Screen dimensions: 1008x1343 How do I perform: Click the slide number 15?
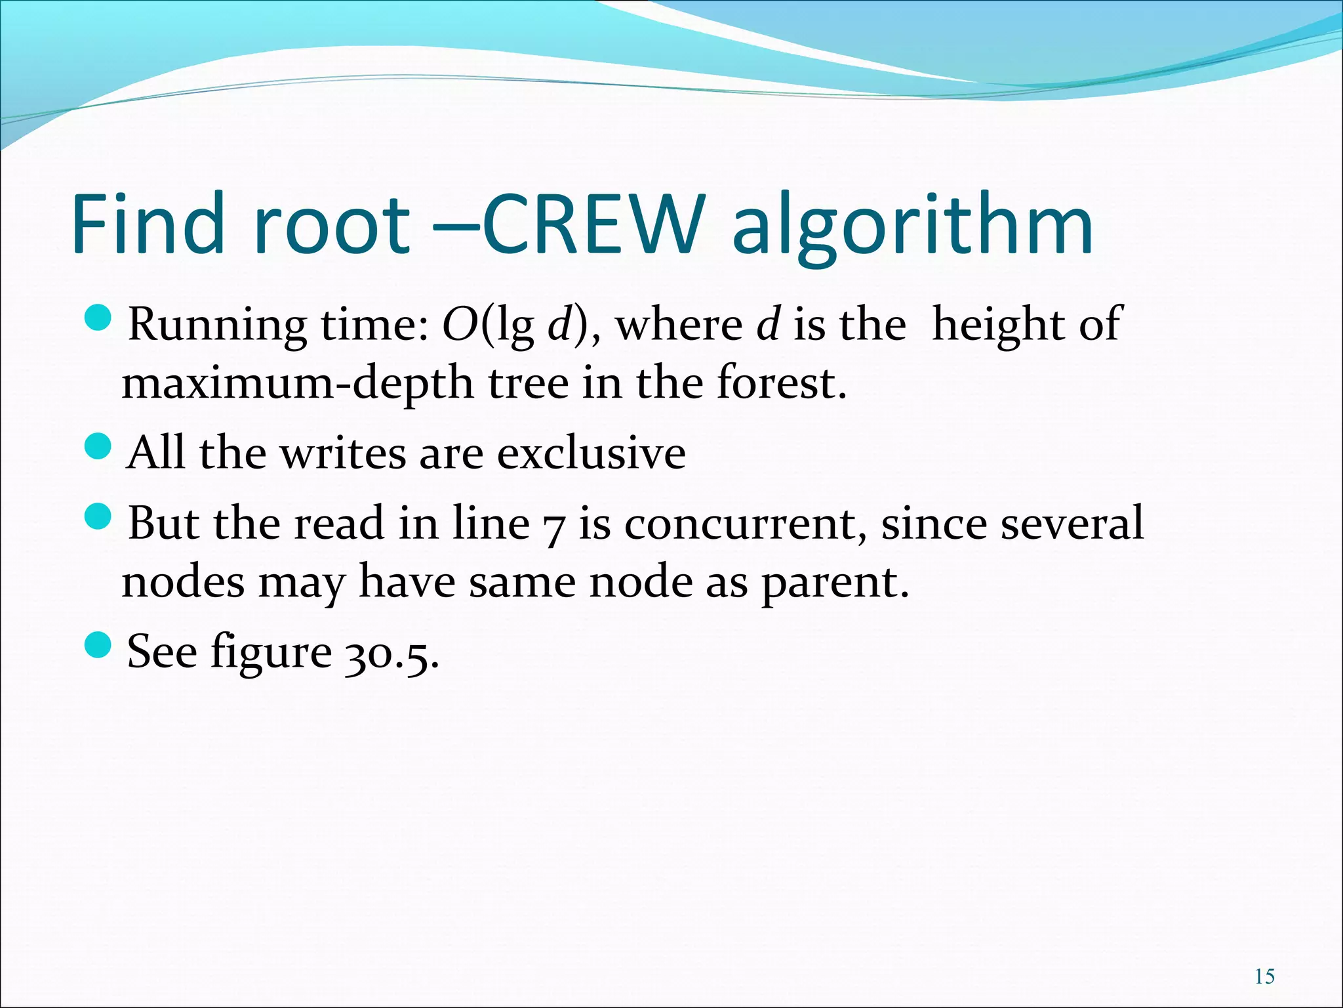click(1265, 976)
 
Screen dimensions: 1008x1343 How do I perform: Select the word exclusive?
click(591, 453)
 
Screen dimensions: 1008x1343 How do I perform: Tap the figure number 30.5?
click(391, 652)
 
